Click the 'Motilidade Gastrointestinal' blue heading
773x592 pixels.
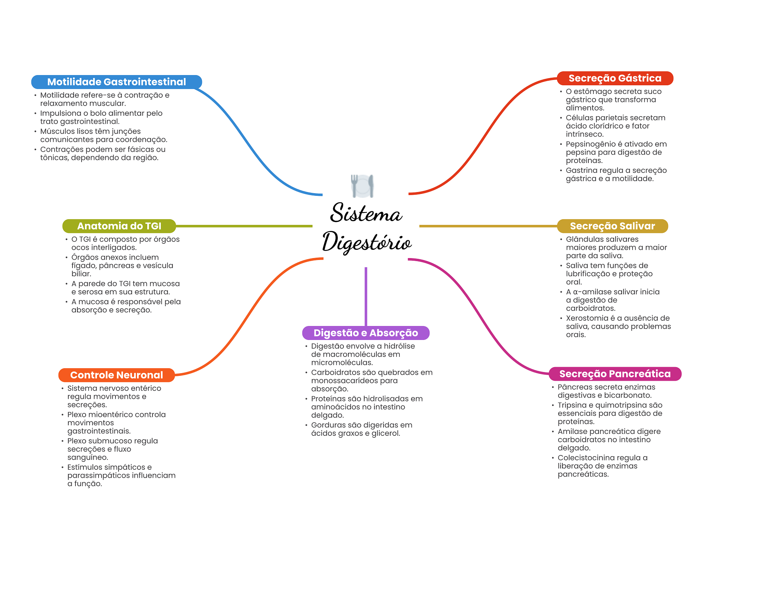point(116,82)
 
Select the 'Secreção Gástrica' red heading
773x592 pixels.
point(615,78)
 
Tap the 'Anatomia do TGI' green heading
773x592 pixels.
point(119,226)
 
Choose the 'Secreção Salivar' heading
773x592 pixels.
point(612,226)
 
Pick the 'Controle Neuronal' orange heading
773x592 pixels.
point(116,375)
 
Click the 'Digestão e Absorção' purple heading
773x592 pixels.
point(366,333)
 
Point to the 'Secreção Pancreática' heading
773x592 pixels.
point(615,374)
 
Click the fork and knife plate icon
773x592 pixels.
point(362,186)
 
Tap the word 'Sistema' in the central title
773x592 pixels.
point(366,213)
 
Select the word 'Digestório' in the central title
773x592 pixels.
point(366,242)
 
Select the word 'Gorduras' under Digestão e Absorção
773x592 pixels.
point(326,425)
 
